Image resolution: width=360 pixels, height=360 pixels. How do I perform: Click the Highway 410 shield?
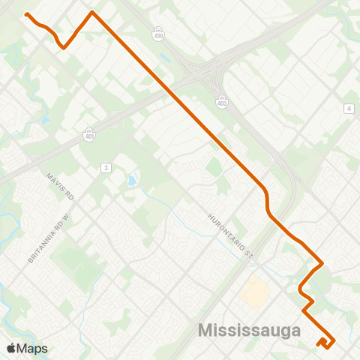tap(157, 34)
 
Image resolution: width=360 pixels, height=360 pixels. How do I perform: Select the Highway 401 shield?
tap(88, 133)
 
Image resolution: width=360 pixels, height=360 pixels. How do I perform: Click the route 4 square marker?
tap(349, 109)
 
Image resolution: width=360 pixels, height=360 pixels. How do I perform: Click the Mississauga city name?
tap(249, 331)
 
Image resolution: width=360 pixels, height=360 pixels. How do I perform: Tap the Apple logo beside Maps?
tap(11, 348)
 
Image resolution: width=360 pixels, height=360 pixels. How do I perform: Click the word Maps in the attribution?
tap(32, 348)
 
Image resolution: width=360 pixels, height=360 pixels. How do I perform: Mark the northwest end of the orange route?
tap(26, 14)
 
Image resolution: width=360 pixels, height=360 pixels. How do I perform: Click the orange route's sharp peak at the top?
tap(91, 12)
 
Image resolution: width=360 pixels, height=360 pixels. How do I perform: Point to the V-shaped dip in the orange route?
tap(64, 46)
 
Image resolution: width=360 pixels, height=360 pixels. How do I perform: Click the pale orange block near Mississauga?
tap(256, 292)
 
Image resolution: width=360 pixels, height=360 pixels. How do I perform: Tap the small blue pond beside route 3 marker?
tap(132, 181)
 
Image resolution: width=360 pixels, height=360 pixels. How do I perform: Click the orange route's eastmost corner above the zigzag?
tap(322, 263)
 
